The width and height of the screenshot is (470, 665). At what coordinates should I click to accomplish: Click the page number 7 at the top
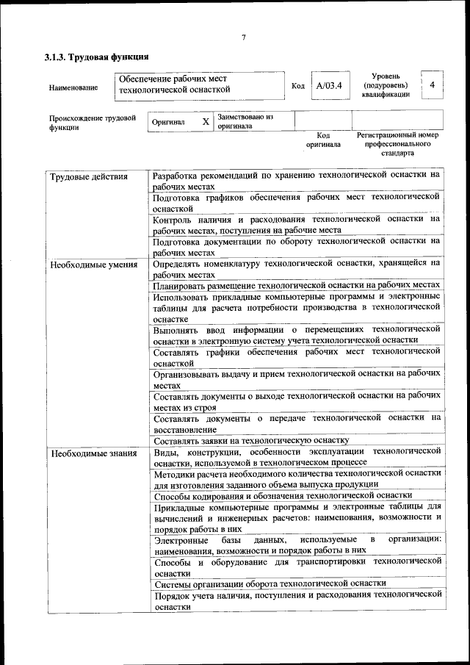coord(243,38)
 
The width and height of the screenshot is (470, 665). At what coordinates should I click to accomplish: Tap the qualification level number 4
coord(432,85)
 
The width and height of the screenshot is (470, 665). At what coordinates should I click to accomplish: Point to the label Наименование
coord(73,88)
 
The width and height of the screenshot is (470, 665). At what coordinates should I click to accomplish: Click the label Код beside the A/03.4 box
coord(298,87)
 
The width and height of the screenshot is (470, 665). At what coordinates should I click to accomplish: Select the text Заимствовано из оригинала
coord(245,121)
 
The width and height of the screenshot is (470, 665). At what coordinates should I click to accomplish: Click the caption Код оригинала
coord(323,140)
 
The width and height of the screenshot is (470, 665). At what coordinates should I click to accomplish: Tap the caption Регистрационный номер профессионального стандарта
coord(397,144)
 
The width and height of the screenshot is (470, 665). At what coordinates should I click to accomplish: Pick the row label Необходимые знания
coord(93,453)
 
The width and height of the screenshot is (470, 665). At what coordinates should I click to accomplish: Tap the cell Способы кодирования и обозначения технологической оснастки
coord(283,495)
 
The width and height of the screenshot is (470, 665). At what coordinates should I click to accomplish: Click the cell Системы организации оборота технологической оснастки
coord(270,583)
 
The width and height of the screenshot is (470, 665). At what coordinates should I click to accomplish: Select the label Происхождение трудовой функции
coord(92,121)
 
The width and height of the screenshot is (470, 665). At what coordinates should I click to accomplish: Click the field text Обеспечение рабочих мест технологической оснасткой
coord(175,85)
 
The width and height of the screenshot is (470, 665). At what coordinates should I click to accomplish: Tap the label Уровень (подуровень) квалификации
coord(386,85)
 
